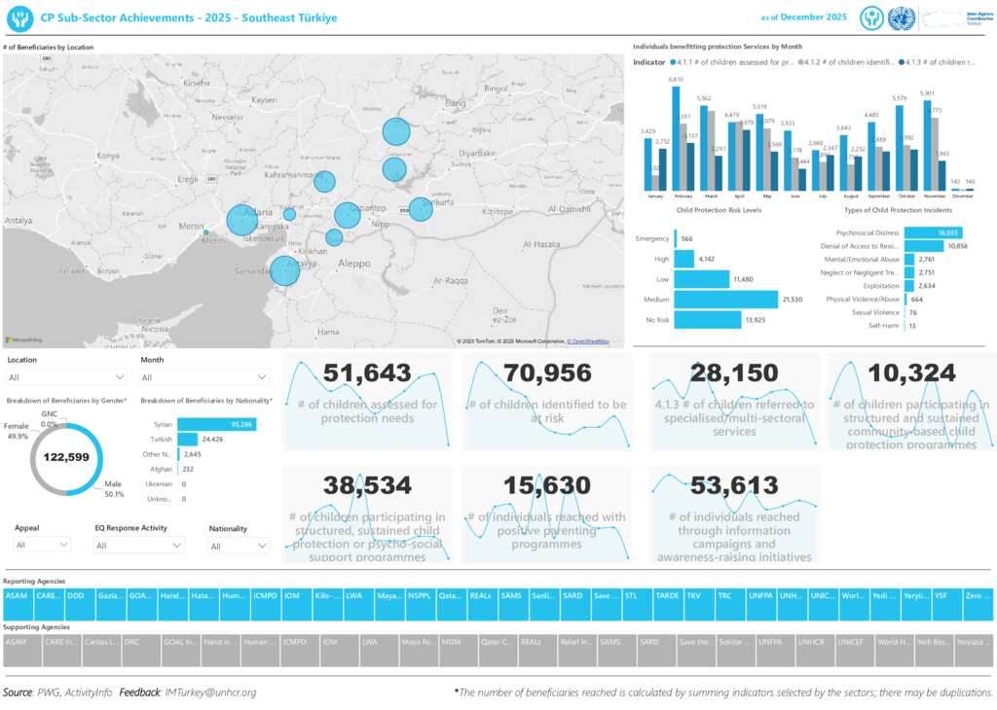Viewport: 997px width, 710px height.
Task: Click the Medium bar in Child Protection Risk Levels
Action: [x=725, y=300]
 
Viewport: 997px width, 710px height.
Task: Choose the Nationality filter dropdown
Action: [x=239, y=547]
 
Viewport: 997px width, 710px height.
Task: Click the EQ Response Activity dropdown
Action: [x=138, y=547]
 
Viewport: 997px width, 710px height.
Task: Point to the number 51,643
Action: [x=366, y=373]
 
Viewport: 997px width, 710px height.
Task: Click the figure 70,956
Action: [x=547, y=373]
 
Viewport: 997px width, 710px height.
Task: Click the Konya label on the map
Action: [x=109, y=156]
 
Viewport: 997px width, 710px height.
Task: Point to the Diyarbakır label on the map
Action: [x=484, y=153]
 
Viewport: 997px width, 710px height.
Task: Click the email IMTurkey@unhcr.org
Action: [x=210, y=692]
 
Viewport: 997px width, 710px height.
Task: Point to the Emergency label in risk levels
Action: [x=651, y=238]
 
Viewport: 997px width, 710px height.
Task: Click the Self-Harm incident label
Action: [x=885, y=326]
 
